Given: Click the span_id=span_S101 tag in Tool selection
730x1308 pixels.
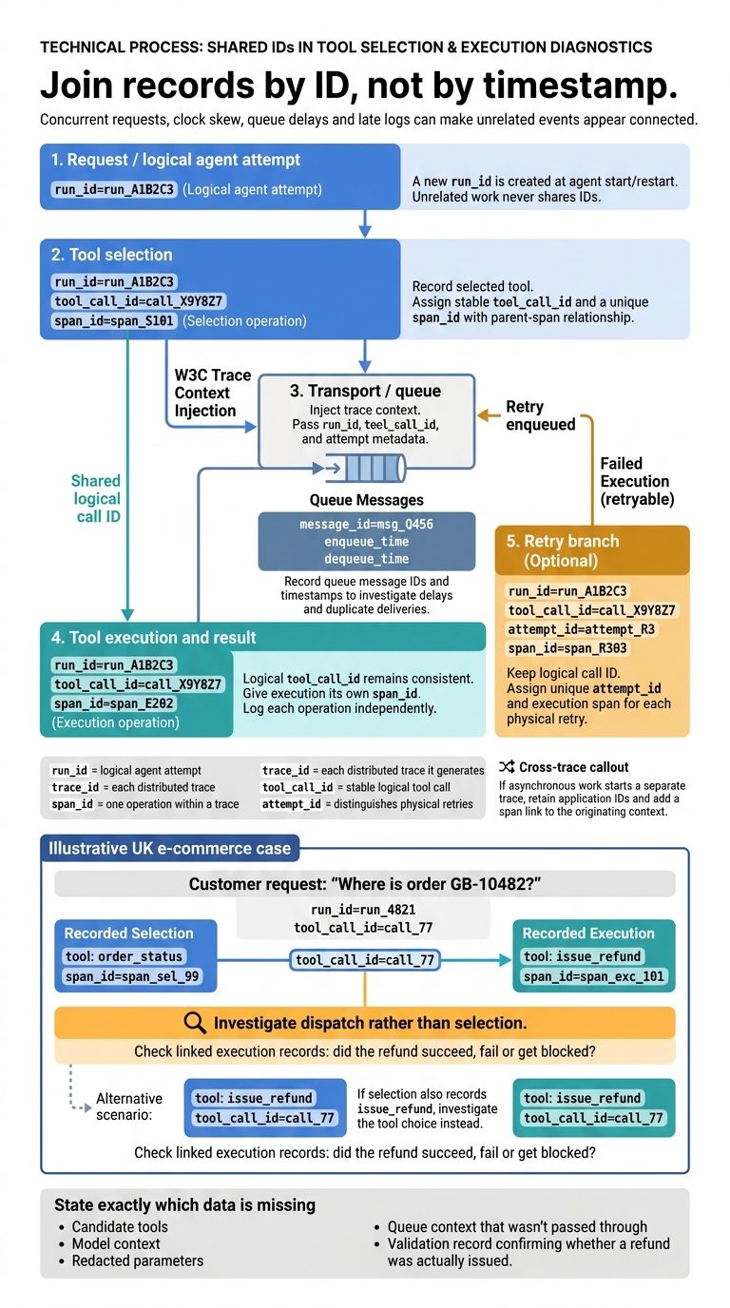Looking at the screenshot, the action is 114,321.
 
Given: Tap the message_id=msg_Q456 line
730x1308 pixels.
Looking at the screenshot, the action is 366,525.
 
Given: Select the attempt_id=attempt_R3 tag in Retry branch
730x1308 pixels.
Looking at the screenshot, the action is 581,629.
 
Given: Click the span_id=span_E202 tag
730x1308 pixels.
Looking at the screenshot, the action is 114,703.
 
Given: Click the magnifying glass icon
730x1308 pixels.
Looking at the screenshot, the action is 195,1023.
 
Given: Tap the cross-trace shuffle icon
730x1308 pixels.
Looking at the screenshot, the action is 507,767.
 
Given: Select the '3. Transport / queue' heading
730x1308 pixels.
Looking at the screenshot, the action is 366,391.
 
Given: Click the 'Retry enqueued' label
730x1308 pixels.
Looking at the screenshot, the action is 540,415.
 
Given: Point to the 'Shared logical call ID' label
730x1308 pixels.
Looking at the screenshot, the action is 96,499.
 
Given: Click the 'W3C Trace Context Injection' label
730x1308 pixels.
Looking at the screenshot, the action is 213,393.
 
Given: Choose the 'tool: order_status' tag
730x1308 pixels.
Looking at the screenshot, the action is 124,956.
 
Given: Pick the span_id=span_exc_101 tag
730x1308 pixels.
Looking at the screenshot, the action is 594,976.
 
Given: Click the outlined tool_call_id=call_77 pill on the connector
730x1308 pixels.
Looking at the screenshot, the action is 365,960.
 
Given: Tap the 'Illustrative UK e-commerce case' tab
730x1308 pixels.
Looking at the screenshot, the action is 169,848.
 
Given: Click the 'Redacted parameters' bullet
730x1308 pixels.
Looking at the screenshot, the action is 137,1260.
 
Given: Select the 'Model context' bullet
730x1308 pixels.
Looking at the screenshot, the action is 116,1243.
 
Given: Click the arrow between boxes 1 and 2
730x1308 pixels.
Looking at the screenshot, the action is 365,223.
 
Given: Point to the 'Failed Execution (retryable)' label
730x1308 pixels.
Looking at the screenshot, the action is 637,481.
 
